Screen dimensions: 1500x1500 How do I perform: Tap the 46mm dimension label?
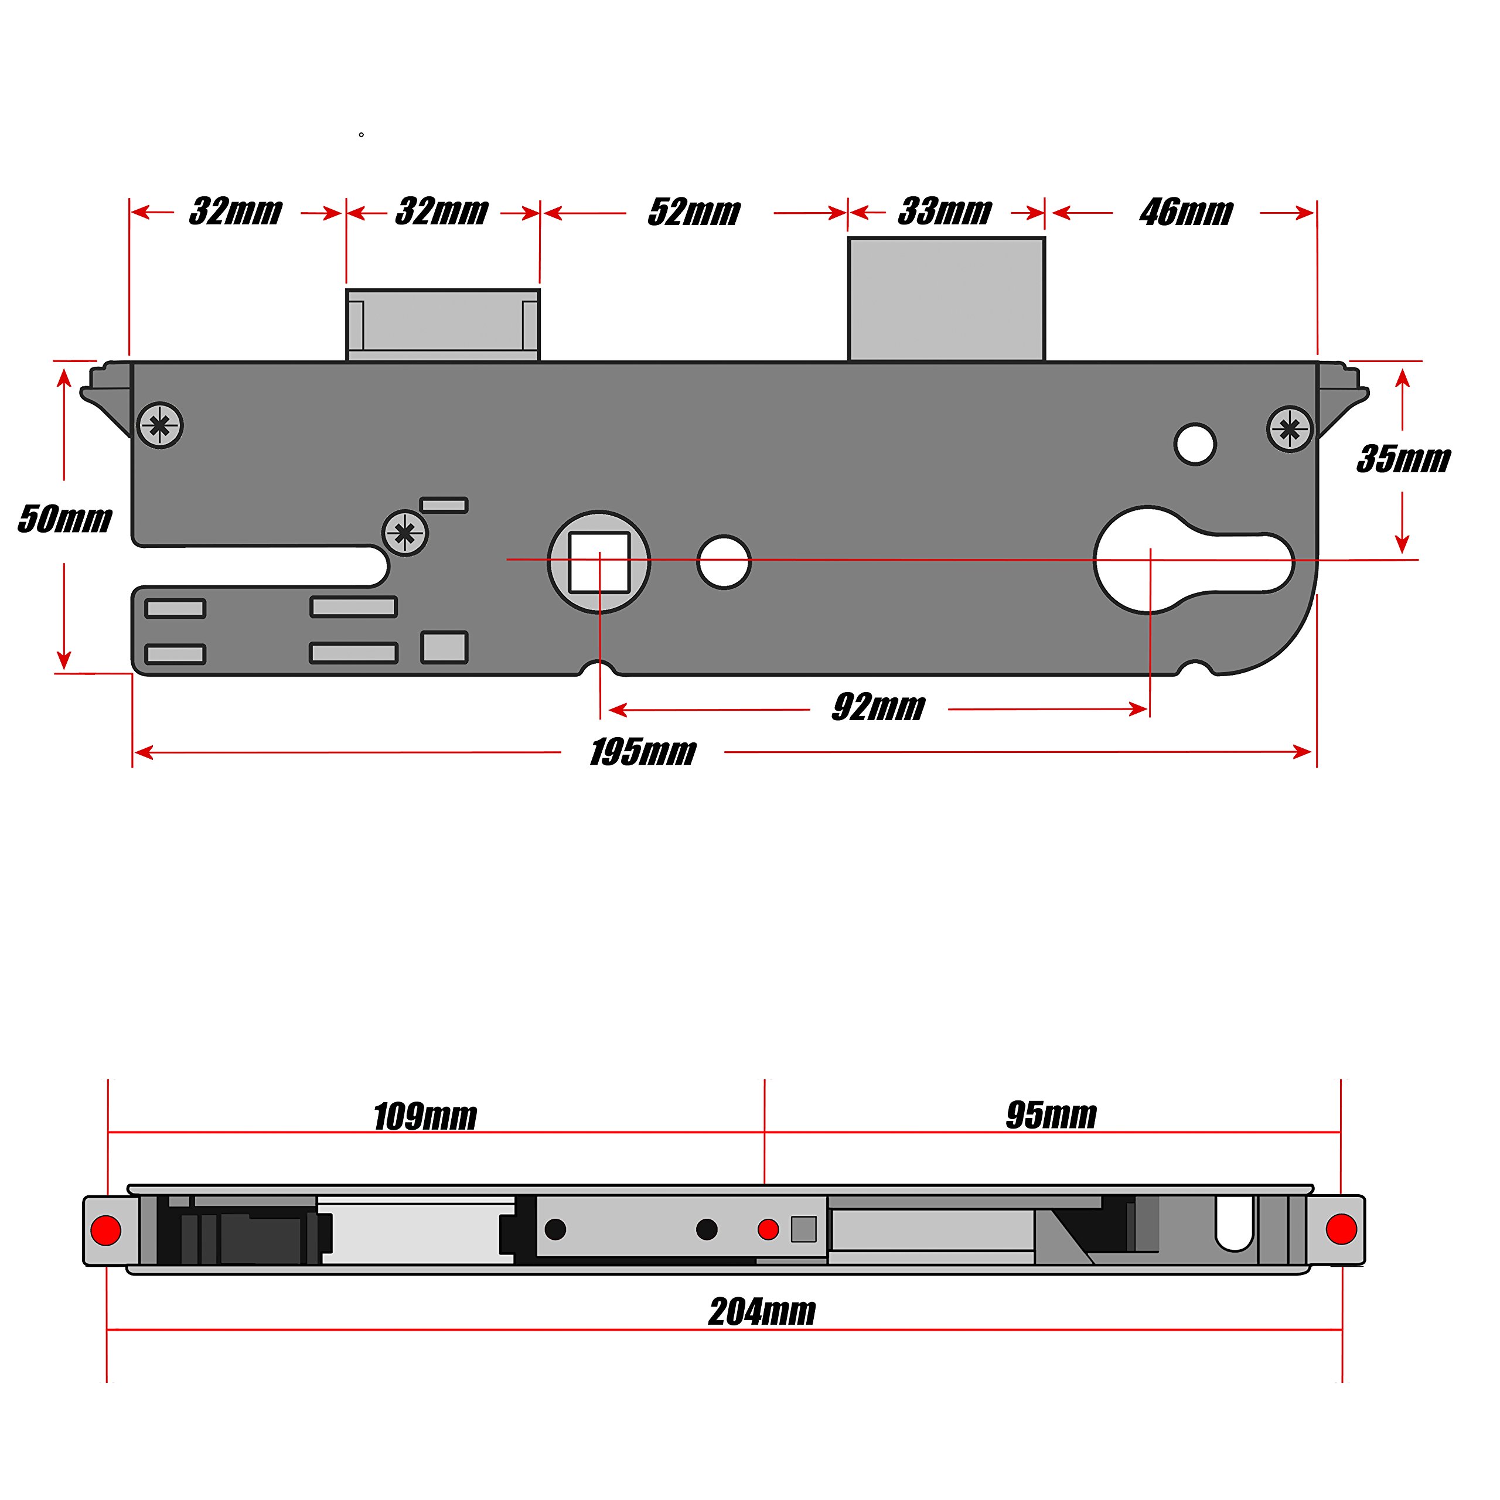coord(1185,212)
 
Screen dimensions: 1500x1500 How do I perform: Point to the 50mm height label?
coord(65,519)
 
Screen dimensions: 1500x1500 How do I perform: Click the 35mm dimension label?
coord(1403,459)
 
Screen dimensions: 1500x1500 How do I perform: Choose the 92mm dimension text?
coord(878,707)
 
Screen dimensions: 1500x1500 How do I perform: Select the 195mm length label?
coord(642,752)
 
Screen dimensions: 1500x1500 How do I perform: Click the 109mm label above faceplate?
coord(425,1116)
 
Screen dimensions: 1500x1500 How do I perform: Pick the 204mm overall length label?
coord(762,1311)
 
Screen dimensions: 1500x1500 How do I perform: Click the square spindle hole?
coord(599,562)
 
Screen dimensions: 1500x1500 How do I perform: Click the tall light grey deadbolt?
coord(946,299)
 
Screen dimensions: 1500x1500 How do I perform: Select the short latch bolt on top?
coord(442,325)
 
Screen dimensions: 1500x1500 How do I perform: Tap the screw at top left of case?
coord(160,425)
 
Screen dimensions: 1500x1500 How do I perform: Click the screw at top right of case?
coord(1290,428)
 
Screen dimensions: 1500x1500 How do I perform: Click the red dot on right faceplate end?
coord(1341,1230)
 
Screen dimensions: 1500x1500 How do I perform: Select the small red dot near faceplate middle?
coord(768,1229)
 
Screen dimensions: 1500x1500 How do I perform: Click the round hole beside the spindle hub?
coord(724,562)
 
